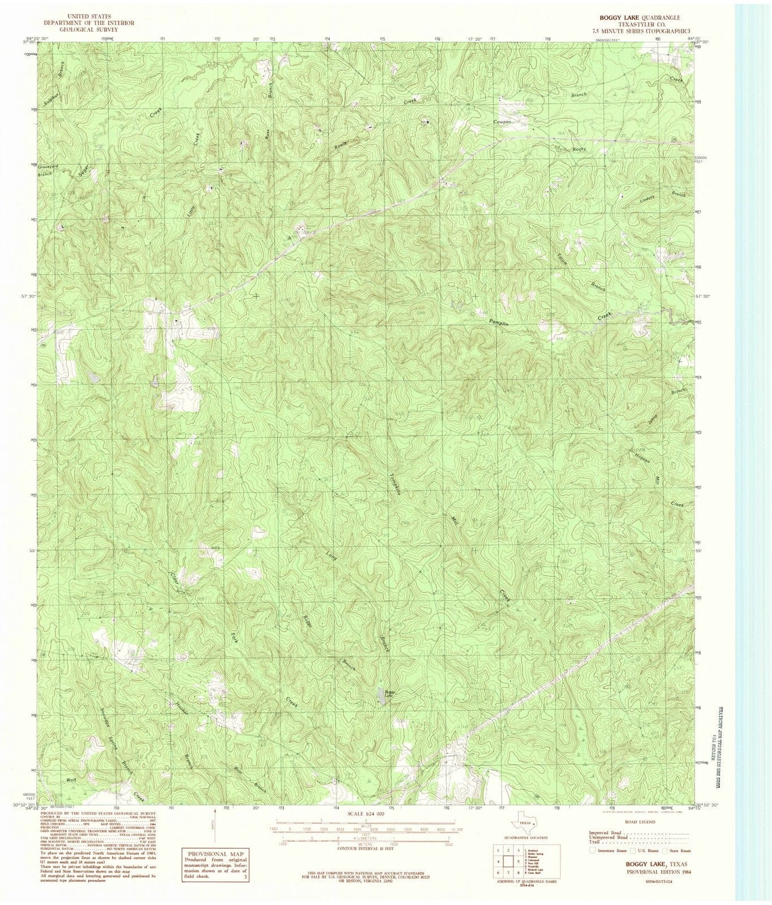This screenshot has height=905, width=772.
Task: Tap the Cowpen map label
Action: (502, 122)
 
